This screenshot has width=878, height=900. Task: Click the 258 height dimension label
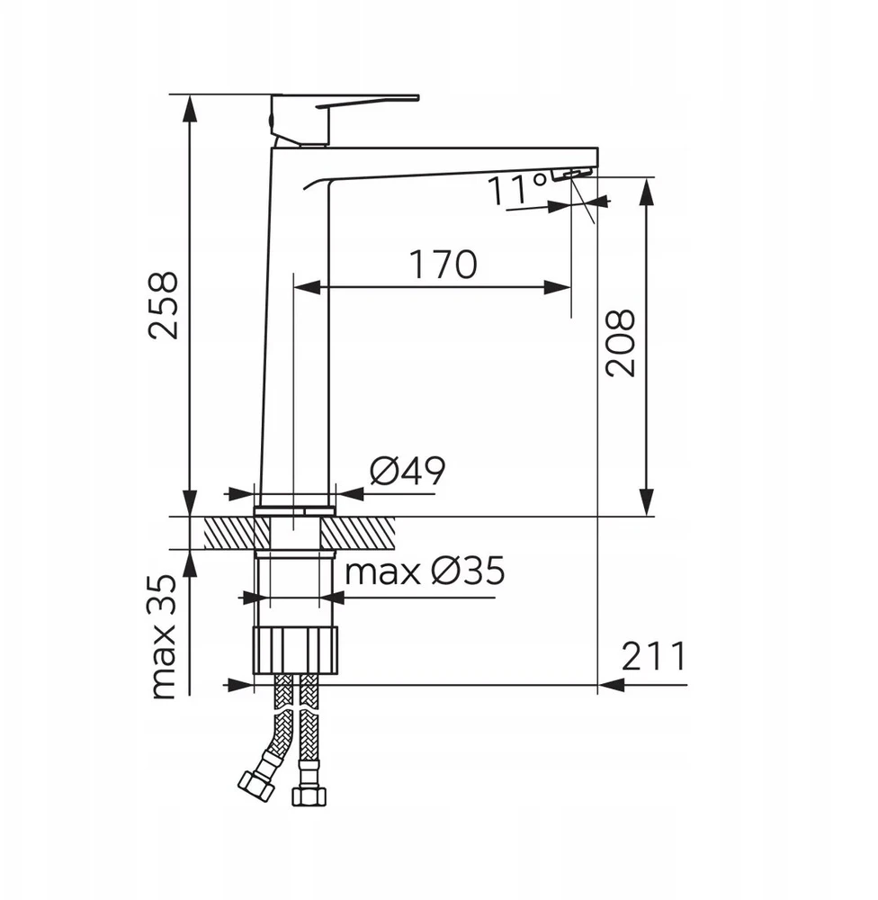pyautogui.click(x=164, y=305)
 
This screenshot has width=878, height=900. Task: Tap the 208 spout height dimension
pyautogui.click(x=621, y=343)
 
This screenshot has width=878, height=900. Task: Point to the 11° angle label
pyautogui.click(x=517, y=189)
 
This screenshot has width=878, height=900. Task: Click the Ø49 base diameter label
pyautogui.click(x=408, y=472)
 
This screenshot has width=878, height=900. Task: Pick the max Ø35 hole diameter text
pyautogui.click(x=425, y=571)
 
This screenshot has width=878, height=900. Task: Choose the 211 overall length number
pyautogui.click(x=654, y=656)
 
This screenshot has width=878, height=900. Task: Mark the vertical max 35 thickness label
pyautogui.click(x=164, y=636)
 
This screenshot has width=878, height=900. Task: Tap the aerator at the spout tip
pyautogui.click(x=571, y=174)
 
